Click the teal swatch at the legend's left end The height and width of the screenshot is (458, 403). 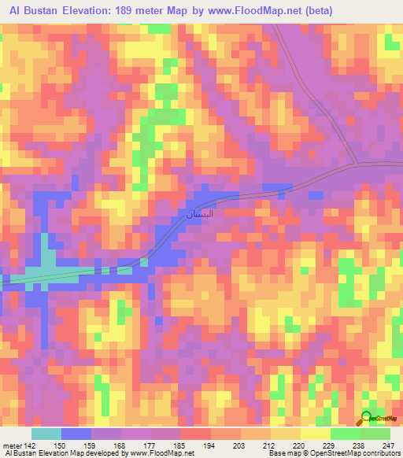click(46, 434)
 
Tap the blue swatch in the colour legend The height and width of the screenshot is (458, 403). click(76, 434)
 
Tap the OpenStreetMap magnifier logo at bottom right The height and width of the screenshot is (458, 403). click(368, 419)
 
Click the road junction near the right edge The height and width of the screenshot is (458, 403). click(356, 164)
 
